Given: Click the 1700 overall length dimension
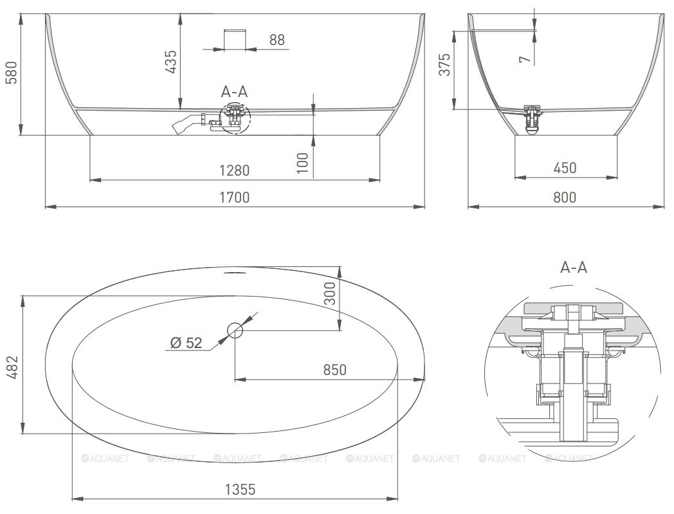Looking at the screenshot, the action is (234, 197).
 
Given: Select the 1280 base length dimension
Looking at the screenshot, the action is (234, 170).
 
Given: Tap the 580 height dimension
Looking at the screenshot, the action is (11, 73).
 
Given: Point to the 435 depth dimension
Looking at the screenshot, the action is (170, 62).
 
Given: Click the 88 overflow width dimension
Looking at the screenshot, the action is (277, 40).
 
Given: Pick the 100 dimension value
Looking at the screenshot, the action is (303, 163).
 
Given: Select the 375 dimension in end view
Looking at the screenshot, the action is (445, 64).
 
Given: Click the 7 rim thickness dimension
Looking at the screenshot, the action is (525, 59).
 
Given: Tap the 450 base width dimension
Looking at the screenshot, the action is (565, 168).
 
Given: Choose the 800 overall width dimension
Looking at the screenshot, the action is (565, 197).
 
